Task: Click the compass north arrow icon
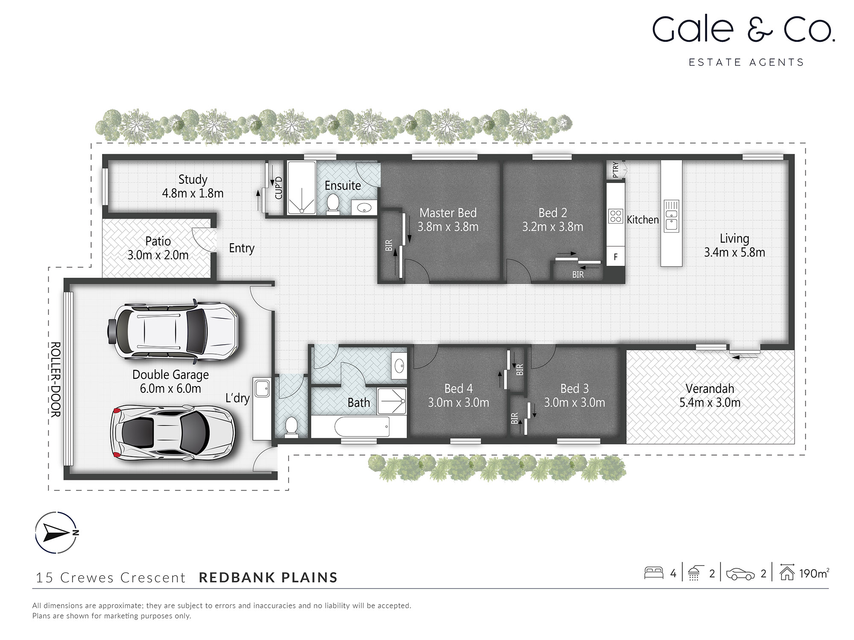[x=56, y=532]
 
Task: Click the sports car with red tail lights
[x=173, y=432]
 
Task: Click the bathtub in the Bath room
[x=362, y=426]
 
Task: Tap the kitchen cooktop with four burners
[x=615, y=216]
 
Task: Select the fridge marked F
[x=615, y=257]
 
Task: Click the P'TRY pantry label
[x=615, y=170]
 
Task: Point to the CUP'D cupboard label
[x=279, y=188]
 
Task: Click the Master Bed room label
[x=448, y=213]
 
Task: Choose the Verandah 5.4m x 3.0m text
[x=710, y=396]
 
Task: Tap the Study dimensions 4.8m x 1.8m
[x=193, y=193]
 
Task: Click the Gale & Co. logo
[x=743, y=30]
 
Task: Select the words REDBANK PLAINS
[x=268, y=577]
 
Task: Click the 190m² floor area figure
[x=813, y=573]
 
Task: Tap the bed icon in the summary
[x=653, y=573]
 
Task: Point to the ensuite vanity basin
[x=364, y=208]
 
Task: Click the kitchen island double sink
[x=671, y=216]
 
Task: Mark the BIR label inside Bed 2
[x=578, y=275]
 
